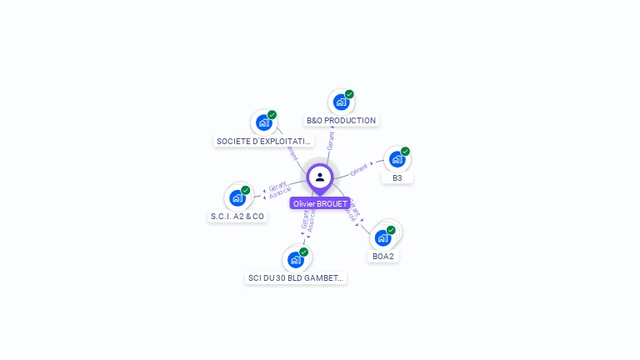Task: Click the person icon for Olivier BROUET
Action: [x=320, y=177]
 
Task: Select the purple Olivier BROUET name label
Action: [x=320, y=203]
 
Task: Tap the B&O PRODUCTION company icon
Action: [x=340, y=102]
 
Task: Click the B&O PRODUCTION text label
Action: [x=342, y=121]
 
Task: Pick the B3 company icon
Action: [x=397, y=159]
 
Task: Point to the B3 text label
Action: [x=397, y=177]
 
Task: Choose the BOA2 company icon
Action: [x=382, y=237]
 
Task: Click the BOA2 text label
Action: [x=383, y=256]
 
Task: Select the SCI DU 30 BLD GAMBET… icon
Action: [x=295, y=259]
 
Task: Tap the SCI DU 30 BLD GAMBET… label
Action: [x=296, y=277]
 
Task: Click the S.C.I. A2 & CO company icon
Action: [x=237, y=197]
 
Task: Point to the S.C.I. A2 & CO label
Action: [x=237, y=217]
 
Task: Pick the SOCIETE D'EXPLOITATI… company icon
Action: [x=264, y=122]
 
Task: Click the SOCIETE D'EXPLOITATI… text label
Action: [x=264, y=142]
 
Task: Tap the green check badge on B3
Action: [x=405, y=152]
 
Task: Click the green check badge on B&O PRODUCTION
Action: [x=349, y=94]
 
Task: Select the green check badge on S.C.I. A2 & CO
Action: [x=246, y=190]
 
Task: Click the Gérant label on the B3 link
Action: [x=359, y=169]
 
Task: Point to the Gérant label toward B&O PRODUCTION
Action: [x=331, y=140]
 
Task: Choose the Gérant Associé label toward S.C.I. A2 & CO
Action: [x=278, y=189]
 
